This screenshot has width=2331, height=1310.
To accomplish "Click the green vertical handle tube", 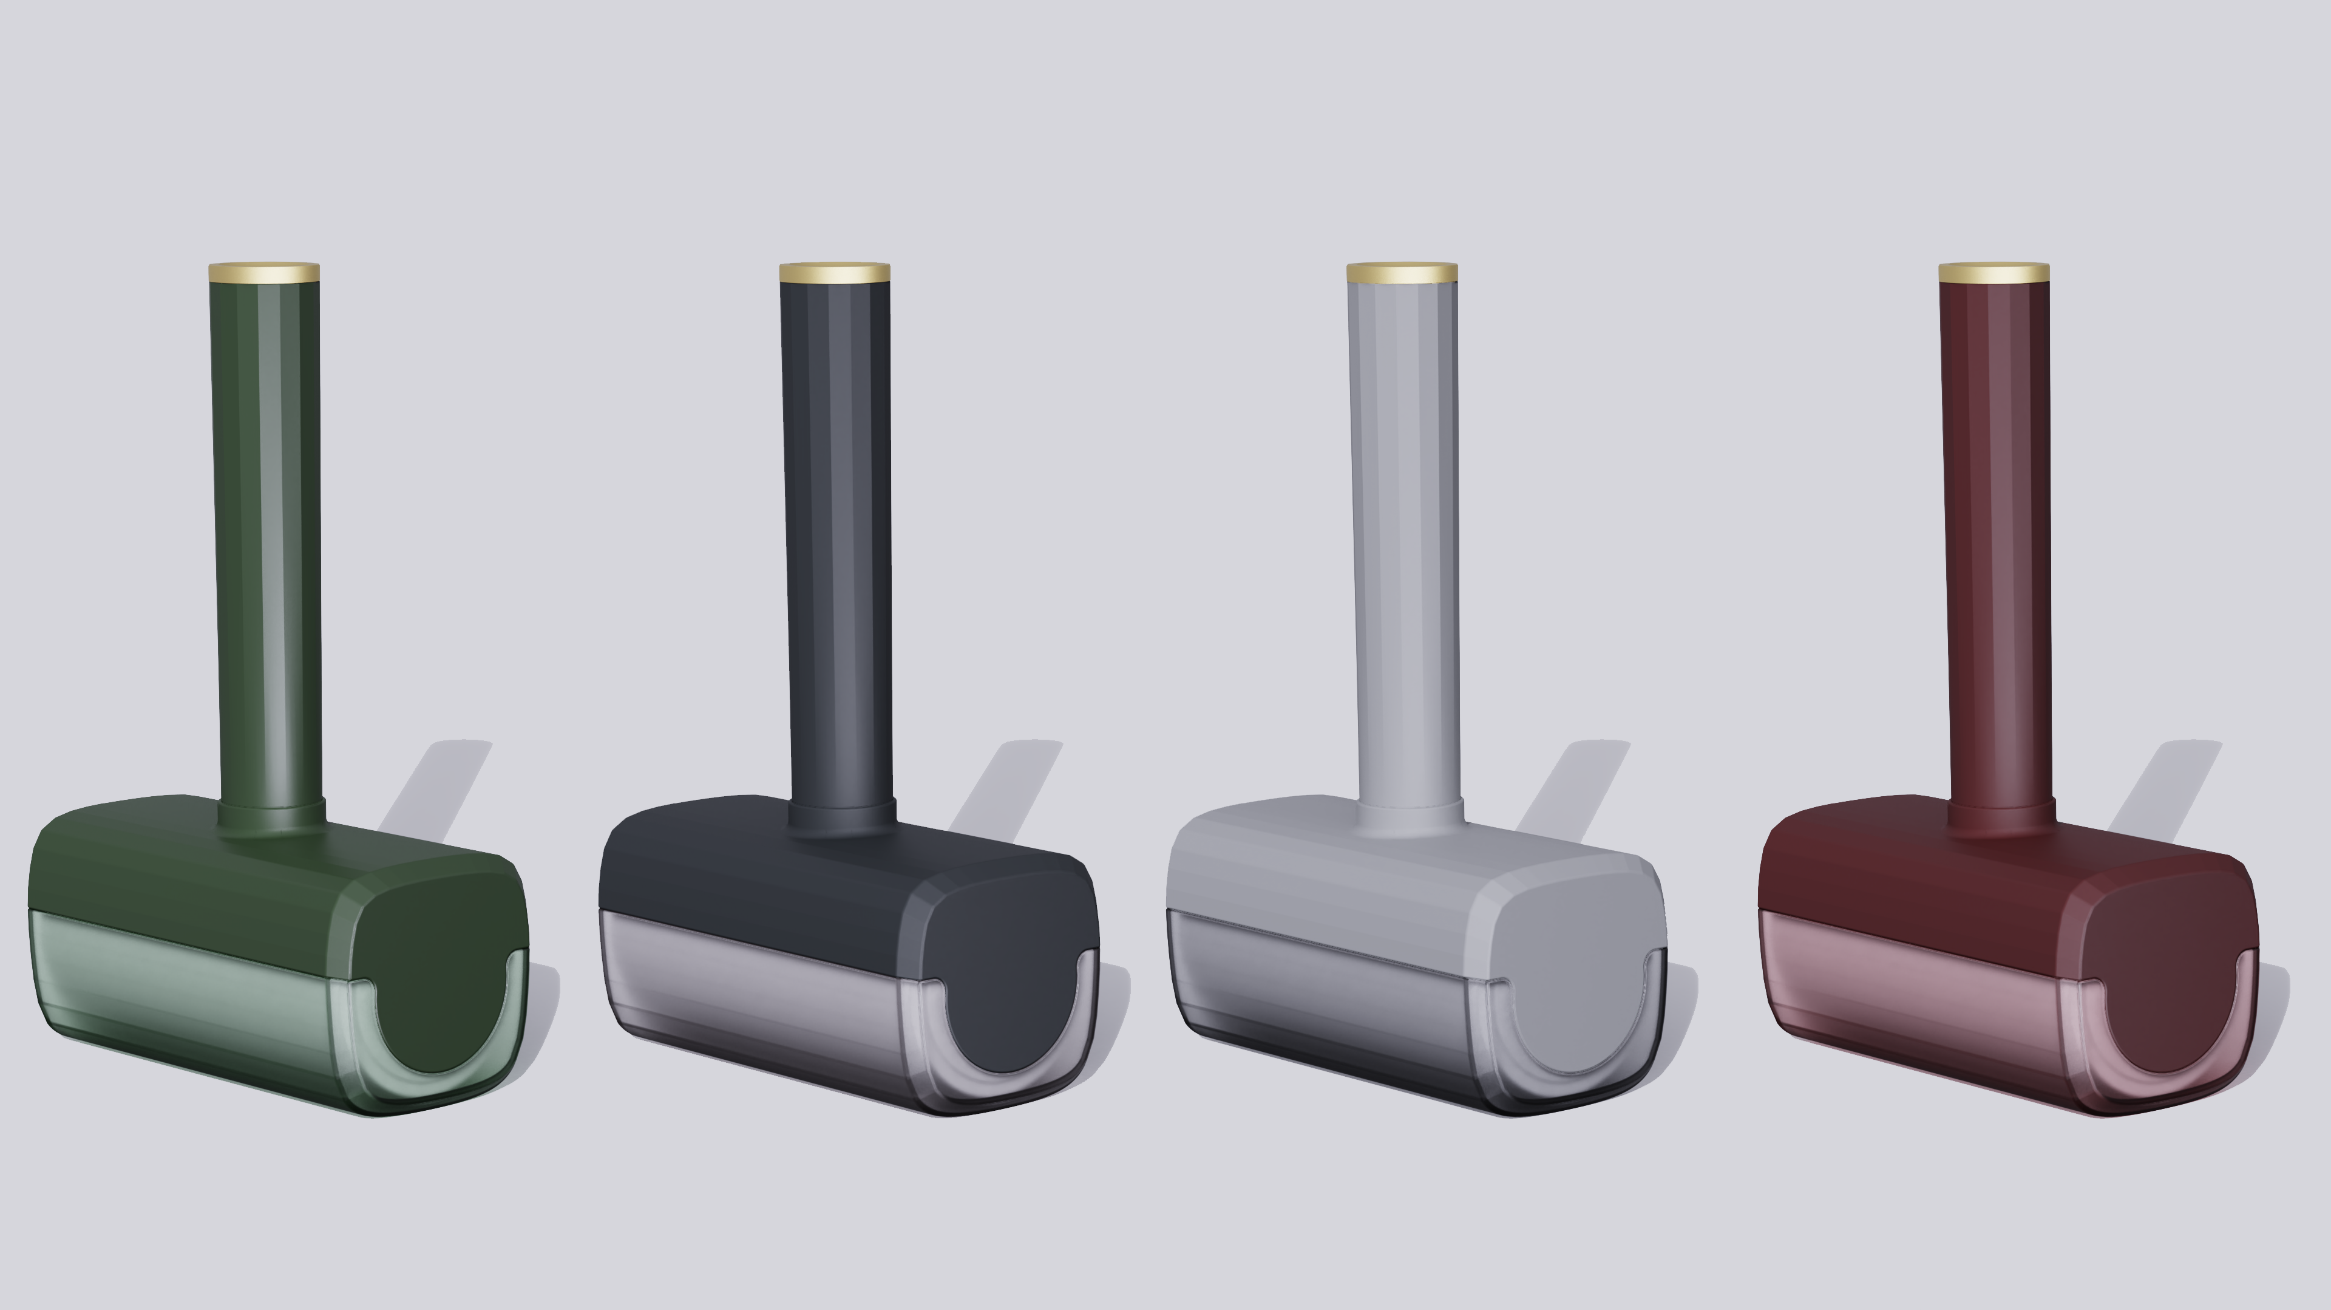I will coord(269,543).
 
